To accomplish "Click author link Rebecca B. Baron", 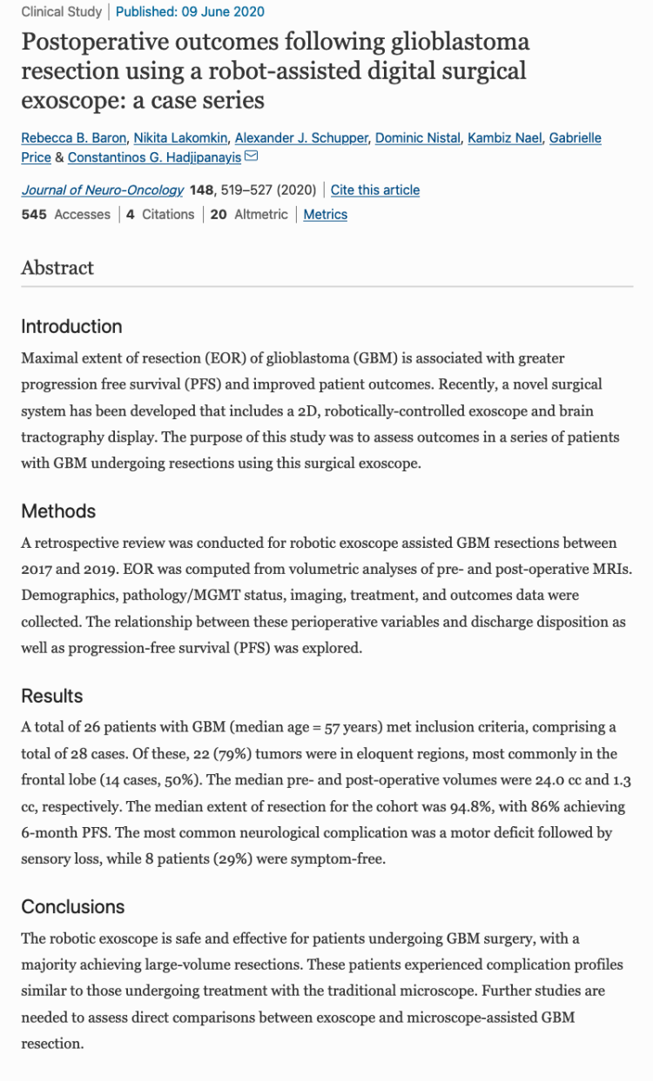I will pos(73,138).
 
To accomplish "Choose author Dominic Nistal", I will pos(416,138).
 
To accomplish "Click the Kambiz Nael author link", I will pos(502,138).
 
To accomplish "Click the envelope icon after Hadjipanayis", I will pos(252,157).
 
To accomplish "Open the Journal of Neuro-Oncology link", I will pos(103,190).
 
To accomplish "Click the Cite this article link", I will pos(374,190).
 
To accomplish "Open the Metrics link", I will pos(325,215).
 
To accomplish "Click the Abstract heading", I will pos(57,268).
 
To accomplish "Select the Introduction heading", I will pos(71,327).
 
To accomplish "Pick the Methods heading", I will pos(58,511).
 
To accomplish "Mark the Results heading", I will pos(52,696).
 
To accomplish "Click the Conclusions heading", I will pos(73,907).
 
